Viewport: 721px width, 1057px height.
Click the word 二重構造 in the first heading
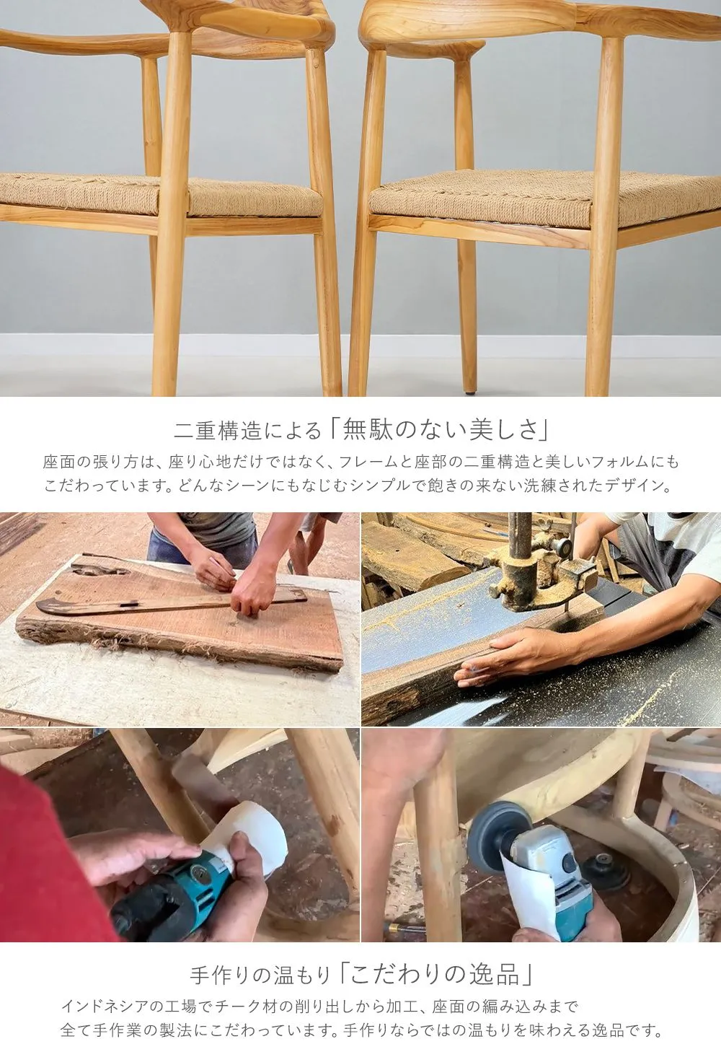coord(218,430)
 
